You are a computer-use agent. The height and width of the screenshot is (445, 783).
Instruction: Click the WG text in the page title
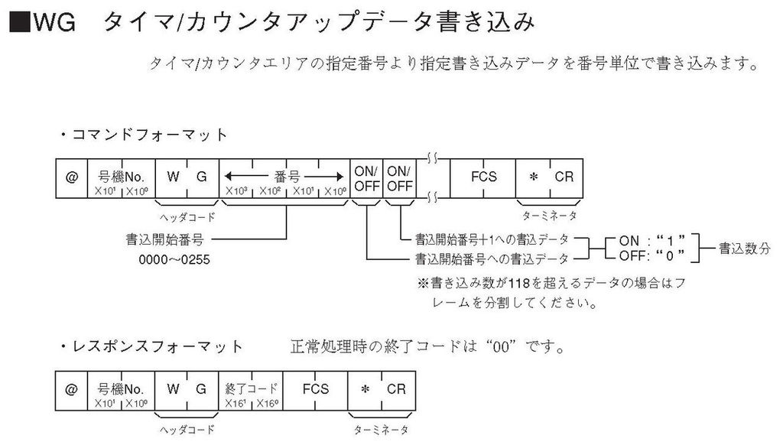pos(54,23)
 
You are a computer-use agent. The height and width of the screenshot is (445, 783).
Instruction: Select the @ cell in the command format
pos(71,177)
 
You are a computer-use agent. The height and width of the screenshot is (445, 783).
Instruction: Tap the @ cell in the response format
pos(71,390)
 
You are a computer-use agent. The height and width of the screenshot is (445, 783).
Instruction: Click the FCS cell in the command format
pos(482,177)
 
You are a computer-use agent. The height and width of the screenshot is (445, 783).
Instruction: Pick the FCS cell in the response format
pos(315,390)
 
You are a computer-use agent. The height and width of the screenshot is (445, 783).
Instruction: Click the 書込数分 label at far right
pos(744,248)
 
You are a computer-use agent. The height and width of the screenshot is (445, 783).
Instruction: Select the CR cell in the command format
pos(564,177)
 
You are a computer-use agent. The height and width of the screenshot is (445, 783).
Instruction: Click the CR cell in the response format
pos(395,390)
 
